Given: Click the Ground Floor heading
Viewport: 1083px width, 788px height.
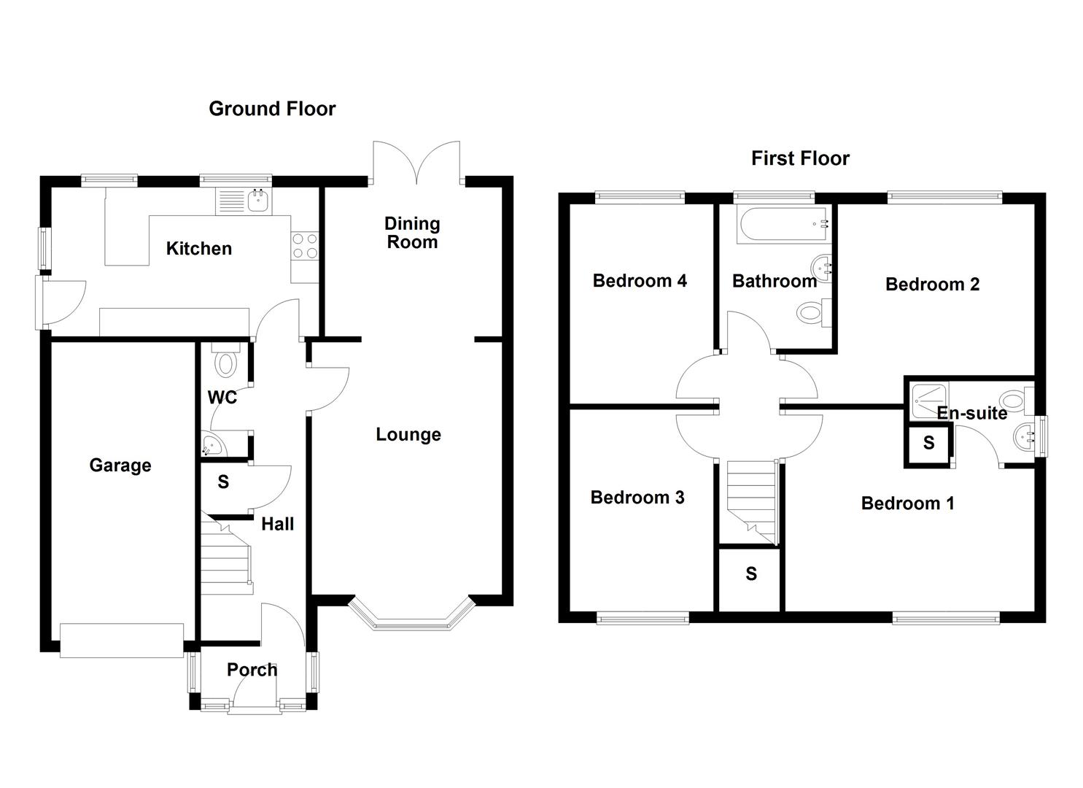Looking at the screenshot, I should tap(272, 109).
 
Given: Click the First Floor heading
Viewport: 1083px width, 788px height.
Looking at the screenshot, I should tap(800, 158).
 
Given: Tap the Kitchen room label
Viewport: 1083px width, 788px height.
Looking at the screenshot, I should tap(198, 249).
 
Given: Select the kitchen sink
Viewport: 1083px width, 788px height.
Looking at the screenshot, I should tap(257, 199).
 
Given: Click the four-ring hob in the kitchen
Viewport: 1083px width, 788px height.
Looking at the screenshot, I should tap(305, 245).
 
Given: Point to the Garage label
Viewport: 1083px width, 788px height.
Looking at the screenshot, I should tap(120, 466).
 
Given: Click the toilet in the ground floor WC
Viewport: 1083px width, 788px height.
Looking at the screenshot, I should tap(225, 362).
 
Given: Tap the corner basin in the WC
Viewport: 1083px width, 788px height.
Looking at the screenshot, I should tap(209, 446).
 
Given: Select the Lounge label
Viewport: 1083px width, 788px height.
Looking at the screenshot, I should tap(408, 435).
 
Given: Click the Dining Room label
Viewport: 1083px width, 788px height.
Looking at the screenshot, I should tap(412, 233).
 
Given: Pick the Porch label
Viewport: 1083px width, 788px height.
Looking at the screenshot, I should tap(252, 670).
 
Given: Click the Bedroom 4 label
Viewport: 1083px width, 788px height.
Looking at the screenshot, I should tap(640, 281).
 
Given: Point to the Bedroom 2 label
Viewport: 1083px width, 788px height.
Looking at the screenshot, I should tap(932, 285).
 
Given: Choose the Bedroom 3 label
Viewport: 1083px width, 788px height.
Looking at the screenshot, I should tap(637, 498).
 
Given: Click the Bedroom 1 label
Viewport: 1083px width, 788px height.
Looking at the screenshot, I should tap(907, 503).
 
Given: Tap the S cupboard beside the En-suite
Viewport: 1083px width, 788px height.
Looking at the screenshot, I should tap(928, 444).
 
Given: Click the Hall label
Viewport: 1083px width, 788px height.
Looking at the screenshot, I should tap(278, 524).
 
